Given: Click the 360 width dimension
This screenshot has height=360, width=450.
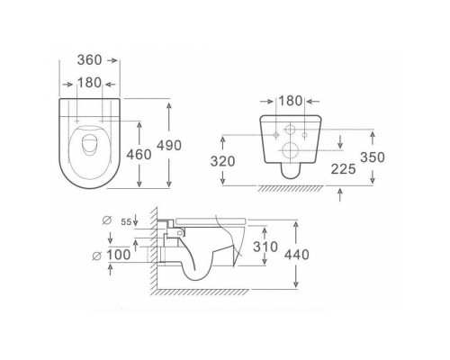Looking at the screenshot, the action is click(x=89, y=60).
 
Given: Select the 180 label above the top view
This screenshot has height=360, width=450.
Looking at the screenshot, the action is click(x=89, y=83).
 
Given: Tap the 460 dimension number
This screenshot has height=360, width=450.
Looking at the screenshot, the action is click(x=139, y=155).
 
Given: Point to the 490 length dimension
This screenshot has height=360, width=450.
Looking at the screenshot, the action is click(x=169, y=146).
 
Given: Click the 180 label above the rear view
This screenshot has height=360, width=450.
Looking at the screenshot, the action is click(x=291, y=101).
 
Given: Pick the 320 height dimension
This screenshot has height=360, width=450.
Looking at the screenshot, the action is click(x=222, y=161).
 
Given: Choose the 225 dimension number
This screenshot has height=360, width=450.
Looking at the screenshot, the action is click(x=343, y=169).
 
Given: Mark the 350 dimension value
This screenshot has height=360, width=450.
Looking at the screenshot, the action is click(x=373, y=157).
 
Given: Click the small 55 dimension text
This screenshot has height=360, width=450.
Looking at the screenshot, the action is click(x=126, y=222).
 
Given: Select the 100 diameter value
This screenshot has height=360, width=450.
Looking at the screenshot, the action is click(x=119, y=255).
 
